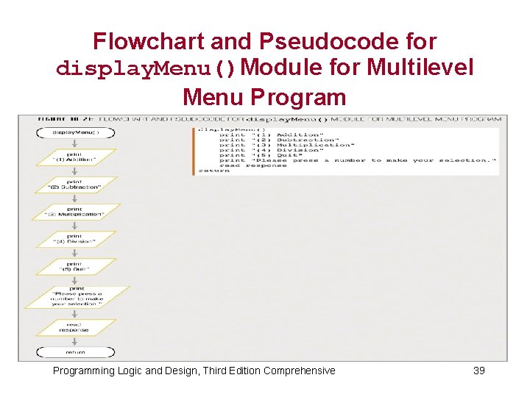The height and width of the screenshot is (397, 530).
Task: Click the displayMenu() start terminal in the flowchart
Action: [75, 133]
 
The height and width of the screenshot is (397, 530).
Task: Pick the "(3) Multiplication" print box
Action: [75, 212]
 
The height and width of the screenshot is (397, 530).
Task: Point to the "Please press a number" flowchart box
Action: [77, 297]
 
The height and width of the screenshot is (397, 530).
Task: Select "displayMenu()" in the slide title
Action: [147, 69]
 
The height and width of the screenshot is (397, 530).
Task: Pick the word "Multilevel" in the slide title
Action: [420, 68]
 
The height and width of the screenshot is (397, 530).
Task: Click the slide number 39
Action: [478, 371]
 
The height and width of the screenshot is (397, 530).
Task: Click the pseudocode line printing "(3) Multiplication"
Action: [280, 145]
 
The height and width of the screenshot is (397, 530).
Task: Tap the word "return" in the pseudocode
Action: [213, 171]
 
